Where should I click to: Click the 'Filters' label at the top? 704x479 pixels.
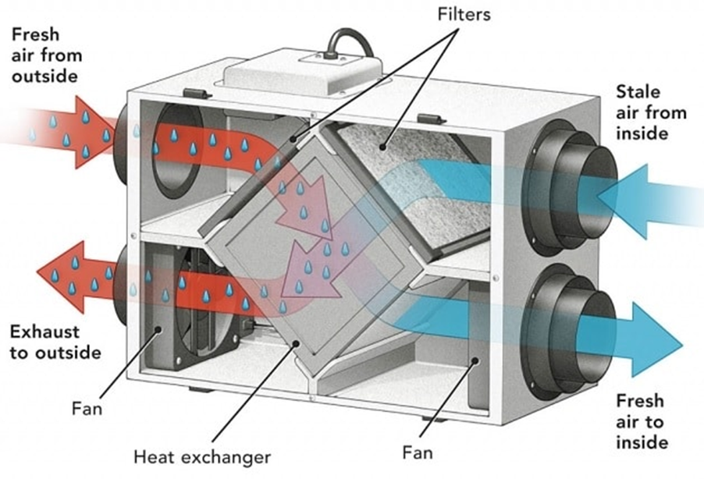pyautogui.click(x=464, y=14)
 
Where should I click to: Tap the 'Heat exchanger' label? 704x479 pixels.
pyautogui.click(x=202, y=457)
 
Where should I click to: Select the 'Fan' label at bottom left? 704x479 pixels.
pyautogui.click(x=87, y=409)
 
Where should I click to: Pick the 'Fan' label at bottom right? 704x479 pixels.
pyautogui.click(x=418, y=452)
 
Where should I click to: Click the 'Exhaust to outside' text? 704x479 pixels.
pyautogui.click(x=55, y=342)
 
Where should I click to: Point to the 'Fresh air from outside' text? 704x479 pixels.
pyautogui.click(x=47, y=55)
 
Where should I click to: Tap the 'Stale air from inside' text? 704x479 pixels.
pyautogui.click(x=651, y=112)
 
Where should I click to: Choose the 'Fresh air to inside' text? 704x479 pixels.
pyautogui.click(x=642, y=421)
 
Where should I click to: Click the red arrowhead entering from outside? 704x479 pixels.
pyautogui.click(x=92, y=132)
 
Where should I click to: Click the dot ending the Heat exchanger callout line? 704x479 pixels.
pyautogui.click(x=296, y=343)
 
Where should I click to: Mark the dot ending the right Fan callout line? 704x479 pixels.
pyautogui.click(x=475, y=360)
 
